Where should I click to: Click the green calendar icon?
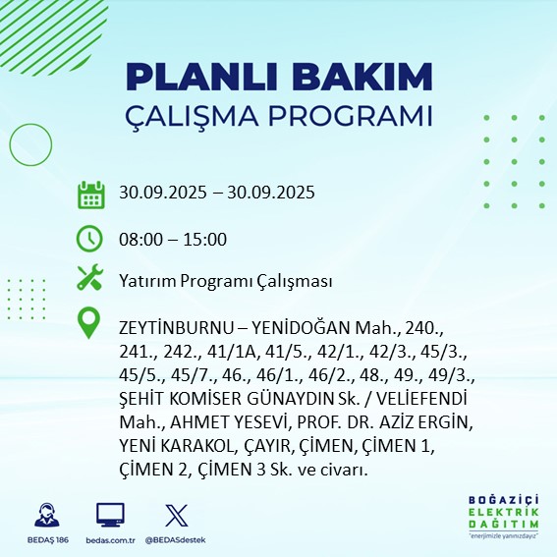(90, 194)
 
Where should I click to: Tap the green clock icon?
(90, 239)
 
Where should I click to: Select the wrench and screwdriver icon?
(90, 281)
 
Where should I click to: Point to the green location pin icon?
(90, 323)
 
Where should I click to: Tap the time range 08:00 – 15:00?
(173, 239)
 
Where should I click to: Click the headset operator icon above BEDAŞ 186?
(44, 514)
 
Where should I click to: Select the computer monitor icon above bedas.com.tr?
(110, 514)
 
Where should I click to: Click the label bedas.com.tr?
(110, 540)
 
